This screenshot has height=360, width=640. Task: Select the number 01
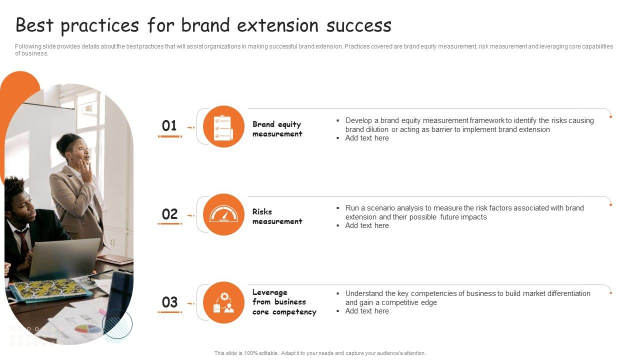point(169,126)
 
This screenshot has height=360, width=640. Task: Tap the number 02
point(169,214)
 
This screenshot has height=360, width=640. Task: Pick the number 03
point(169,302)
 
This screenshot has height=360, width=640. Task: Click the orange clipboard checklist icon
point(223,127)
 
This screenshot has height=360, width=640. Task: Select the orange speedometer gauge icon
point(223,214)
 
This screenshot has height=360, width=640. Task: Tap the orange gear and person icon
point(223,302)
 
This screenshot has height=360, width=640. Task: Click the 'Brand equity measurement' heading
point(277,129)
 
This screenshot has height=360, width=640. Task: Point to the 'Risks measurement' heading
point(277,216)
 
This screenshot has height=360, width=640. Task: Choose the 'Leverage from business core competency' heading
point(284,302)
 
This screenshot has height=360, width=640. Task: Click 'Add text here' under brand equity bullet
point(367,138)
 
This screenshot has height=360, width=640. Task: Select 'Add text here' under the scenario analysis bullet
point(367,226)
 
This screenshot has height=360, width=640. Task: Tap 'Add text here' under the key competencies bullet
point(367,311)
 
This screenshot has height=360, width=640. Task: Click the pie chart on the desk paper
point(88,329)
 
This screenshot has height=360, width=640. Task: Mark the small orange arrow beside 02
point(190,215)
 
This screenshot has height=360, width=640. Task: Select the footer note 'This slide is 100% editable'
point(320,353)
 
